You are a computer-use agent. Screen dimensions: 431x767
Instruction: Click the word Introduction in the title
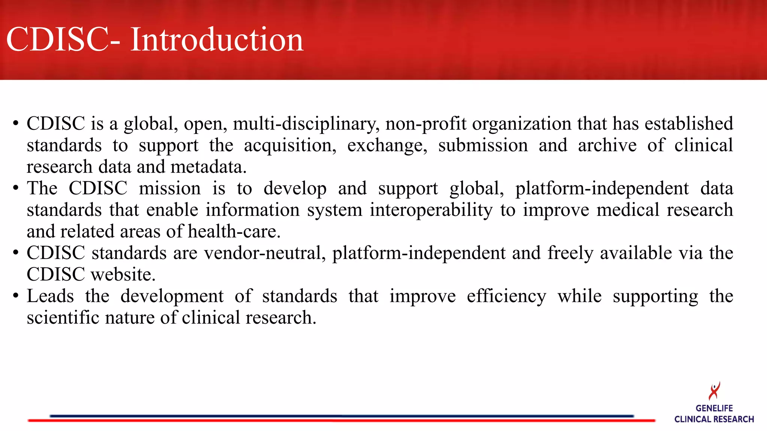216,40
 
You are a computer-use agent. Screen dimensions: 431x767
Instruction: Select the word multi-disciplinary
306,124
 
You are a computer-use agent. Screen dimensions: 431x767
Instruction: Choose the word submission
483,145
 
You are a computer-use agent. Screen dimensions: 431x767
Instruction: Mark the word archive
607,145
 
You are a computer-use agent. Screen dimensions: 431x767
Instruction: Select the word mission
170,188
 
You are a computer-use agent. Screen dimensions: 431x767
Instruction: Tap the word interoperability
431,210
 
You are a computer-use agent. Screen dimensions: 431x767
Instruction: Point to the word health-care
234,232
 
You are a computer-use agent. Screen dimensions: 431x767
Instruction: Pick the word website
123,275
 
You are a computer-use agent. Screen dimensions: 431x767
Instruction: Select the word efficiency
506,296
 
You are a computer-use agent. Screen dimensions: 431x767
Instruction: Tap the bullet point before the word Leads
15,296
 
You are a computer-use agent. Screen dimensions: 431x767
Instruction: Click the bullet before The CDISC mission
15,188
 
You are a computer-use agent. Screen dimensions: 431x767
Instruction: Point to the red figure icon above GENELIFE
714,391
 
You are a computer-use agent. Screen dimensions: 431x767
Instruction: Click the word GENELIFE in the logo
714,408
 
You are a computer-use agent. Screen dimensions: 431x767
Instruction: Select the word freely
570,253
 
